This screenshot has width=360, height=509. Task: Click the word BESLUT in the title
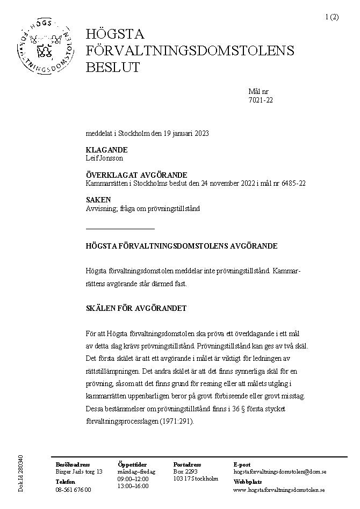(113, 68)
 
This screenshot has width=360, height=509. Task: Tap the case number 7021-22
(261, 100)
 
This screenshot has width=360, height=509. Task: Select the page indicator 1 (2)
(332, 17)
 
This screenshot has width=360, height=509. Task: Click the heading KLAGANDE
(106, 150)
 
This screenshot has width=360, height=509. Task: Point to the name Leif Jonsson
(104, 158)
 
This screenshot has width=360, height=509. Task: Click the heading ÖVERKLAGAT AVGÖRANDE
(136, 175)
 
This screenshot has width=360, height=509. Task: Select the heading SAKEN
(98, 200)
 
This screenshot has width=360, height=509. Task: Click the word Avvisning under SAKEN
(100, 208)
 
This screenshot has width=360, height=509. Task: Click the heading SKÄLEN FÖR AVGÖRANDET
(136, 308)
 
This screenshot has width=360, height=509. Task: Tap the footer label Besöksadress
(73, 464)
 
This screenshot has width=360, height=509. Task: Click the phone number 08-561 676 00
(73, 490)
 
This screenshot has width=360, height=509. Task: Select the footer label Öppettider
(131, 464)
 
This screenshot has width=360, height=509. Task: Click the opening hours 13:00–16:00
(133, 486)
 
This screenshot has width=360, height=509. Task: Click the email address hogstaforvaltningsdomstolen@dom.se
(280, 471)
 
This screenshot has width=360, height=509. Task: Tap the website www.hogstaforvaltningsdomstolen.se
(279, 490)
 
